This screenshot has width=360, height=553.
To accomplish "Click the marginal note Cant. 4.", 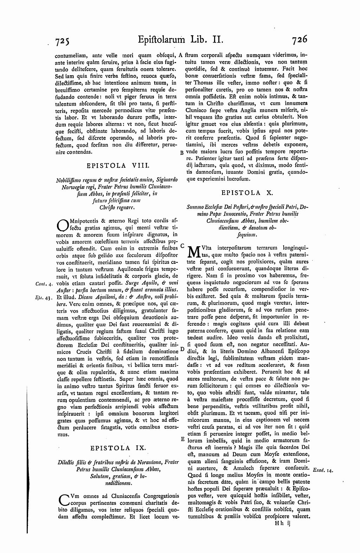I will [44, 283].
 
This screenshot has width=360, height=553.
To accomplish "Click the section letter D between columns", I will [182, 349].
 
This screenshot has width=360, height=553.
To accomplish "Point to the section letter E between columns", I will [182, 439].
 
